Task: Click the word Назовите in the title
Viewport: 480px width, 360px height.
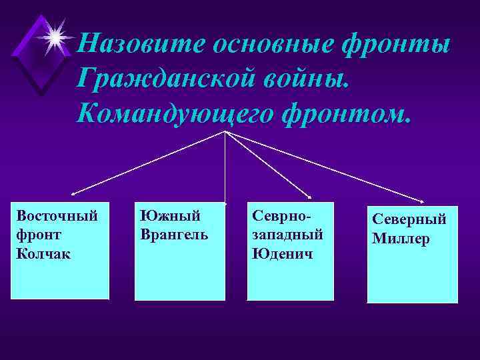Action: [x=141, y=45]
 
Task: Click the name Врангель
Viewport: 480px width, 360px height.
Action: [x=174, y=235]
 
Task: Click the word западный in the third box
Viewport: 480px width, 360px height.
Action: [x=287, y=235]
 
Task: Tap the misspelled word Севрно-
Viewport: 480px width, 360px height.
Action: [x=282, y=216]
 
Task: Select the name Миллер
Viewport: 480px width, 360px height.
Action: [x=401, y=238]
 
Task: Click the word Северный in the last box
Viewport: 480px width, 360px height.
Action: [x=409, y=219]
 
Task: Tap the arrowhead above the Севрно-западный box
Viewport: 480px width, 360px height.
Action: [x=310, y=197]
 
